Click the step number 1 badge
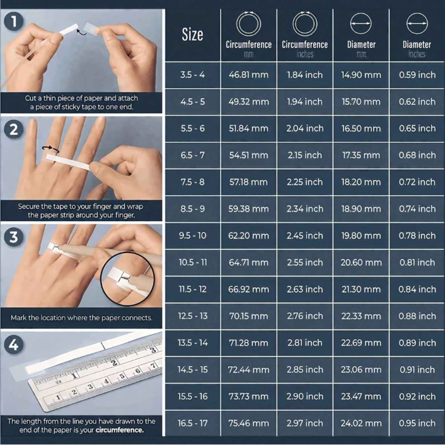(14, 22)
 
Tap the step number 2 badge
(14, 129)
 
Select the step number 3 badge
(14, 237)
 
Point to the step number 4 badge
(14, 345)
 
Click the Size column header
(192, 34)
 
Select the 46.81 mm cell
(249, 75)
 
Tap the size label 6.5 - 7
(192, 155)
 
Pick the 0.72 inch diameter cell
(417, 182)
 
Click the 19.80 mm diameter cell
(361, 236)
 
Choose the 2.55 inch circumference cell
(305, 262)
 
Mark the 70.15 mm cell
(249, 316)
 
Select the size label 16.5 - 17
(192, 423)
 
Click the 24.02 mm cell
(361, 423)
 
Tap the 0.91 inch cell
(417, 370)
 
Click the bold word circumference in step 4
(119, 430)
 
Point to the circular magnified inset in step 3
(128, 279)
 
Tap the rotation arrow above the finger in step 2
(51, 149)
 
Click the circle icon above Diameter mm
(361, 23)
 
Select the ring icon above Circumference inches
(305, 23)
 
